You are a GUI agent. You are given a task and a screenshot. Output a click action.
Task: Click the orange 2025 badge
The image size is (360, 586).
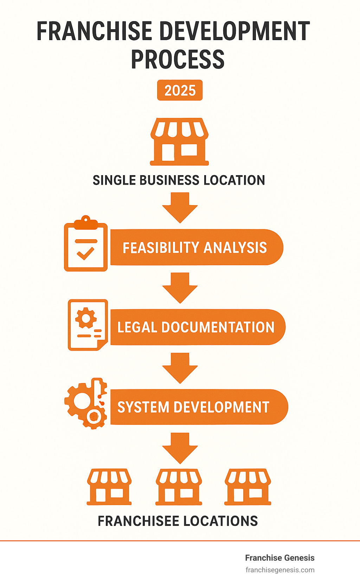pyautogui.click(x=180, y=90)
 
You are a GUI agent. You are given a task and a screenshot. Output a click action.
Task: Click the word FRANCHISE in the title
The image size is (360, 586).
pyautogui.click(x=94, y=32)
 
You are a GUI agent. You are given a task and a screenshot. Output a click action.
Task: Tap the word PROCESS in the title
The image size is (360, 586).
pyautogui.click(x=178, y=59)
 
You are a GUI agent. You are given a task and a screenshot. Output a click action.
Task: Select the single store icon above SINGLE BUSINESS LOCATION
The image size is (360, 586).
pyautogui.click(x=179, y=141)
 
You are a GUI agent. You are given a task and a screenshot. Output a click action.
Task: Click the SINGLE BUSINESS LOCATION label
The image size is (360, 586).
pyautogui.click(x=179, y=180)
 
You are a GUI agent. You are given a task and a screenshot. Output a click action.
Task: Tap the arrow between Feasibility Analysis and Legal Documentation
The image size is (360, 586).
pyautogui.click(x=180, y=288)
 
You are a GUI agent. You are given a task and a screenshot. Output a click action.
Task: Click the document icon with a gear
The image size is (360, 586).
pyautogui.click(x=88, y=325)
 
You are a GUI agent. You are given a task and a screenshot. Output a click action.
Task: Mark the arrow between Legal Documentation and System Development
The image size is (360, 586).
pyautogui.click(x=180, y=368)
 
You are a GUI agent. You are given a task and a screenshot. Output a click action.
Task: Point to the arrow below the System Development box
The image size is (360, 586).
pyautogui.click(x=180, y=448)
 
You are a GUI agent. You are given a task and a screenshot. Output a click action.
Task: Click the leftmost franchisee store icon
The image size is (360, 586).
pyautogui.click(x=109, y=487)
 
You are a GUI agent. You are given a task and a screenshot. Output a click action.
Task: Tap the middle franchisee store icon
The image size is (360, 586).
pyautogui.click(x=179, y=487)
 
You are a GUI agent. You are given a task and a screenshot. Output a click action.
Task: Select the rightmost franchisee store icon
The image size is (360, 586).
pyautogui.click(x=248, y=487)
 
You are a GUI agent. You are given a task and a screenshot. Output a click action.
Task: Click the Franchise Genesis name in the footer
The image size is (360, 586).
pyautogui.click(x=279, y=558)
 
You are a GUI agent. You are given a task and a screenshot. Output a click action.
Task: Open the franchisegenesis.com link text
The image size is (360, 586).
pyautogui.click(x=280, y=570)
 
